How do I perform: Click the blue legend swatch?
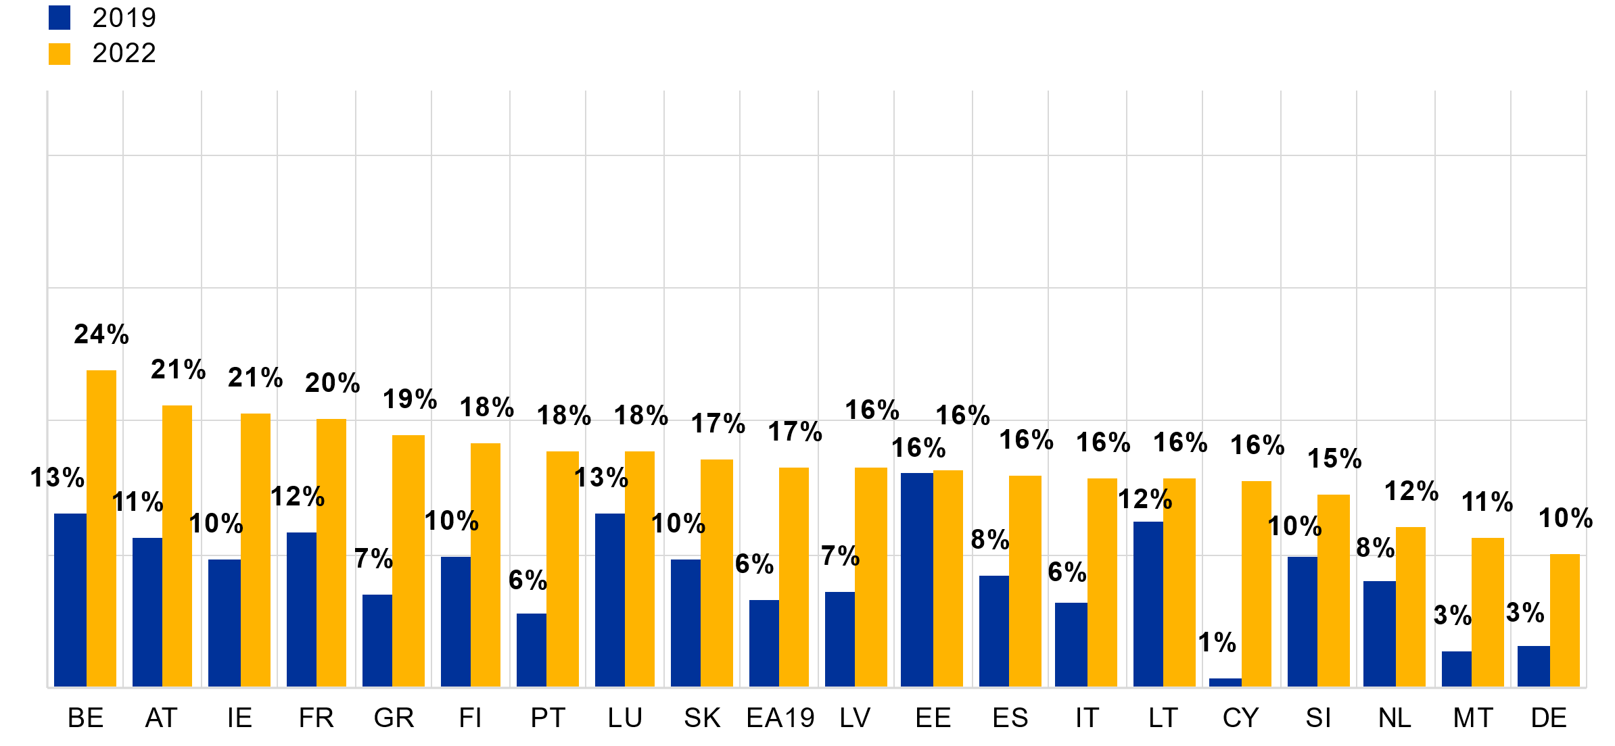pos(60,18)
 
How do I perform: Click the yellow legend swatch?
pos(60,54)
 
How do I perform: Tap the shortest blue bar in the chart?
pos(1225,682)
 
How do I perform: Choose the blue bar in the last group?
pos(1534,666)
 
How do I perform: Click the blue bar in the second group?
pos(147,612)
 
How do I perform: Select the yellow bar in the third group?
pos(256,550)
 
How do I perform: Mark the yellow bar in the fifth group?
pos(408,561)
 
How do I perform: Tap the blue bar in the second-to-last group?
pos(1457,669)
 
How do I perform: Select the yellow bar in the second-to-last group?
pos(1488,612)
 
